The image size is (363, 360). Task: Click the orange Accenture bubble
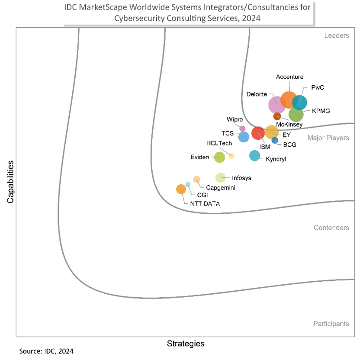click(x=288, y=99)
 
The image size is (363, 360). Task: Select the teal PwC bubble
click(x=300, y=103)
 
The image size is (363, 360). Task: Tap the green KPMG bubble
click(x=296, y=115)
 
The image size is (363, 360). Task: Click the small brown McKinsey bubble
click(x=277, y=116)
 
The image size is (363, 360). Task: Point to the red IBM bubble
click(x=258, y=133)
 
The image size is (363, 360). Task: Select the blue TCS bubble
click(x=244, y=137)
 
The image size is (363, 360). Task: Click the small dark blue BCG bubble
click(x=275, y=140)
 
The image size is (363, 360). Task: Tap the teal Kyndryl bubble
click(x=255, y=156)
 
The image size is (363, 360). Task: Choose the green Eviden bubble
click(x=220, y=157)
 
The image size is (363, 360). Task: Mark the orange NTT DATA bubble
click(x=181, y=189)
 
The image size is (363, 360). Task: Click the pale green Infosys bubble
click(x=220, y=177)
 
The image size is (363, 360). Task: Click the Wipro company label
click(x=235, y=119)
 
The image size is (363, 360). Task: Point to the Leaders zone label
click(x=336, y=35)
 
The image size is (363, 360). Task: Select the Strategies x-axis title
click(x=186, y=344)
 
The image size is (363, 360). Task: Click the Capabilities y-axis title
click(x=10, y=182)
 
